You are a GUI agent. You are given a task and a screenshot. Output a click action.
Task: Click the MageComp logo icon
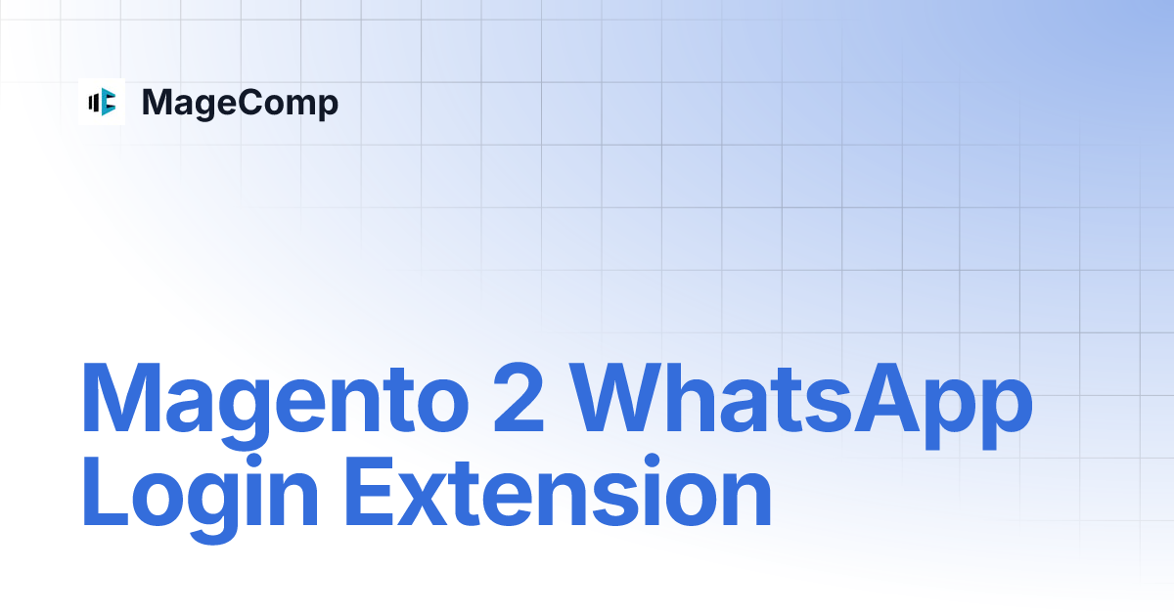102,101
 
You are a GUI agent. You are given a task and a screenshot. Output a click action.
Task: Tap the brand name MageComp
240,102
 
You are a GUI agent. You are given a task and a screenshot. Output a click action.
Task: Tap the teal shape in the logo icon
108,101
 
